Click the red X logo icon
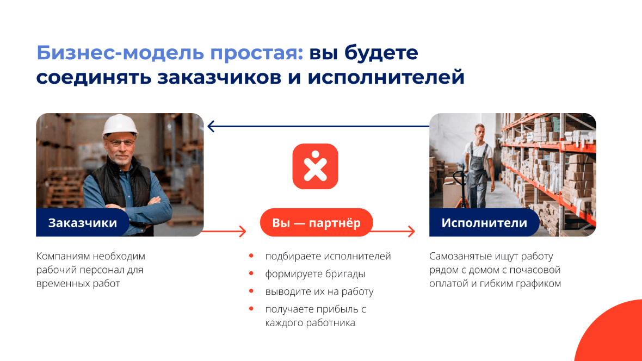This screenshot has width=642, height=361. (315, 166)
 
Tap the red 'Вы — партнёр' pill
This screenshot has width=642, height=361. (316, 223)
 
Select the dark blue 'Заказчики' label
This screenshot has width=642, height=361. (83, 223)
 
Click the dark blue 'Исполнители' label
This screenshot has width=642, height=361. (484, 223)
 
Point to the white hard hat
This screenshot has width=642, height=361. (120, 125)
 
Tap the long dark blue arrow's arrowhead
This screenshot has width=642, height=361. (211, 126)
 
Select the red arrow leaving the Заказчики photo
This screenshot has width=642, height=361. (224, 231)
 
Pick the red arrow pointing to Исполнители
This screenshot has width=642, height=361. (392, 231)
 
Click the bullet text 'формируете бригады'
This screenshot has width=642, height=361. (315, 274)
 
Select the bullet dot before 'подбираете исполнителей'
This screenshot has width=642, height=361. (251, 256)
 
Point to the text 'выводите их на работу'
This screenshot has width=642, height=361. (319, 291)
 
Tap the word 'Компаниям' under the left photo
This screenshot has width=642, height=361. (63, 256)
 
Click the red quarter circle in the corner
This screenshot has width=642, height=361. (613, 334)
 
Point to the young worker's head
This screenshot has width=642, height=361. (479, 131)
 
